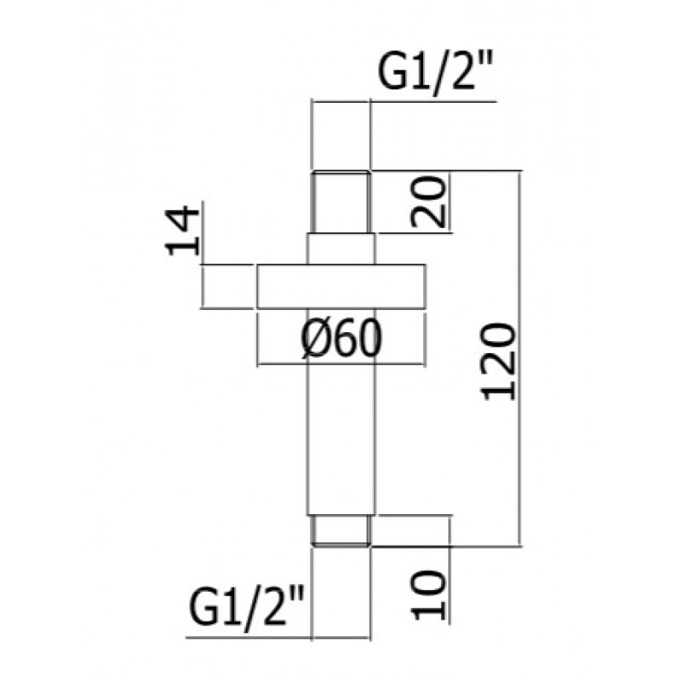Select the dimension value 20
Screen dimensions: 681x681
pos(429,202)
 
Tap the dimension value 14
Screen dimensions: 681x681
pos(182,232)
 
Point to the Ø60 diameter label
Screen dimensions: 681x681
pos(341,339)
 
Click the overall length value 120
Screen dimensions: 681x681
pos(498,361)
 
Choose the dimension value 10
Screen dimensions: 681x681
pos(429,595)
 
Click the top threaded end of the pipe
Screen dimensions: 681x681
pos(341,203)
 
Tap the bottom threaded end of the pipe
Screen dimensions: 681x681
pos(341,529)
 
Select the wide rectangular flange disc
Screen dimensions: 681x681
pos(341,287)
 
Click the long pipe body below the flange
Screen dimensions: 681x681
pos(341,412)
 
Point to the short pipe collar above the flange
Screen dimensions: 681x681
pos(341,249)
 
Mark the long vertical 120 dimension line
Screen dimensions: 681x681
pos(520,358)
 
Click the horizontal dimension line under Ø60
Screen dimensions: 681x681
pos(341,365)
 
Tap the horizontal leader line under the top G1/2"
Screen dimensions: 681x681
pos(403,101)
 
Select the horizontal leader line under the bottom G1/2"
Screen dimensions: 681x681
pos(278,638)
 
